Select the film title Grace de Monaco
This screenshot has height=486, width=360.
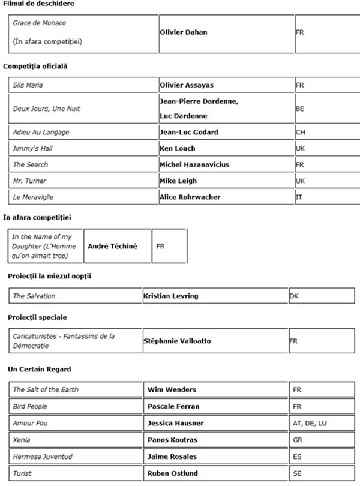click(x=40, y=23)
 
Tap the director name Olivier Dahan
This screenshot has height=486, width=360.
click(x=183, y=32)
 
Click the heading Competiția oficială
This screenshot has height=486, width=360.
click(x=35, y=66)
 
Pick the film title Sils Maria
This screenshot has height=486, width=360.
click(x=28, y=85)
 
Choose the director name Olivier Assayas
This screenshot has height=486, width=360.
click(x=187, y=85)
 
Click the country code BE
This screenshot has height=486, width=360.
click(x=300, y=109)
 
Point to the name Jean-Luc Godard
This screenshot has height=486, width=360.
click(x=188, y=132)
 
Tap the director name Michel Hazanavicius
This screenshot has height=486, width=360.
click(x=194, y=164)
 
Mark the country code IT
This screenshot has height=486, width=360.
click(x=299, y=197)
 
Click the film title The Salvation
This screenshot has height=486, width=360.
click(x=34, y=296)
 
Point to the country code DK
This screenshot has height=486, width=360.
click(x=293, y=296)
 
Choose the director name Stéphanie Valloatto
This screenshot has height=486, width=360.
click(x=177, y=341)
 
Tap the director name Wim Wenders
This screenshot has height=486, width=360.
click(x=172, y=389)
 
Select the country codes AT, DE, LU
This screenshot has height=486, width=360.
click(x=308, y=423)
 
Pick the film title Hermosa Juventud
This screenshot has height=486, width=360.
click(x=43, y=457)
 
